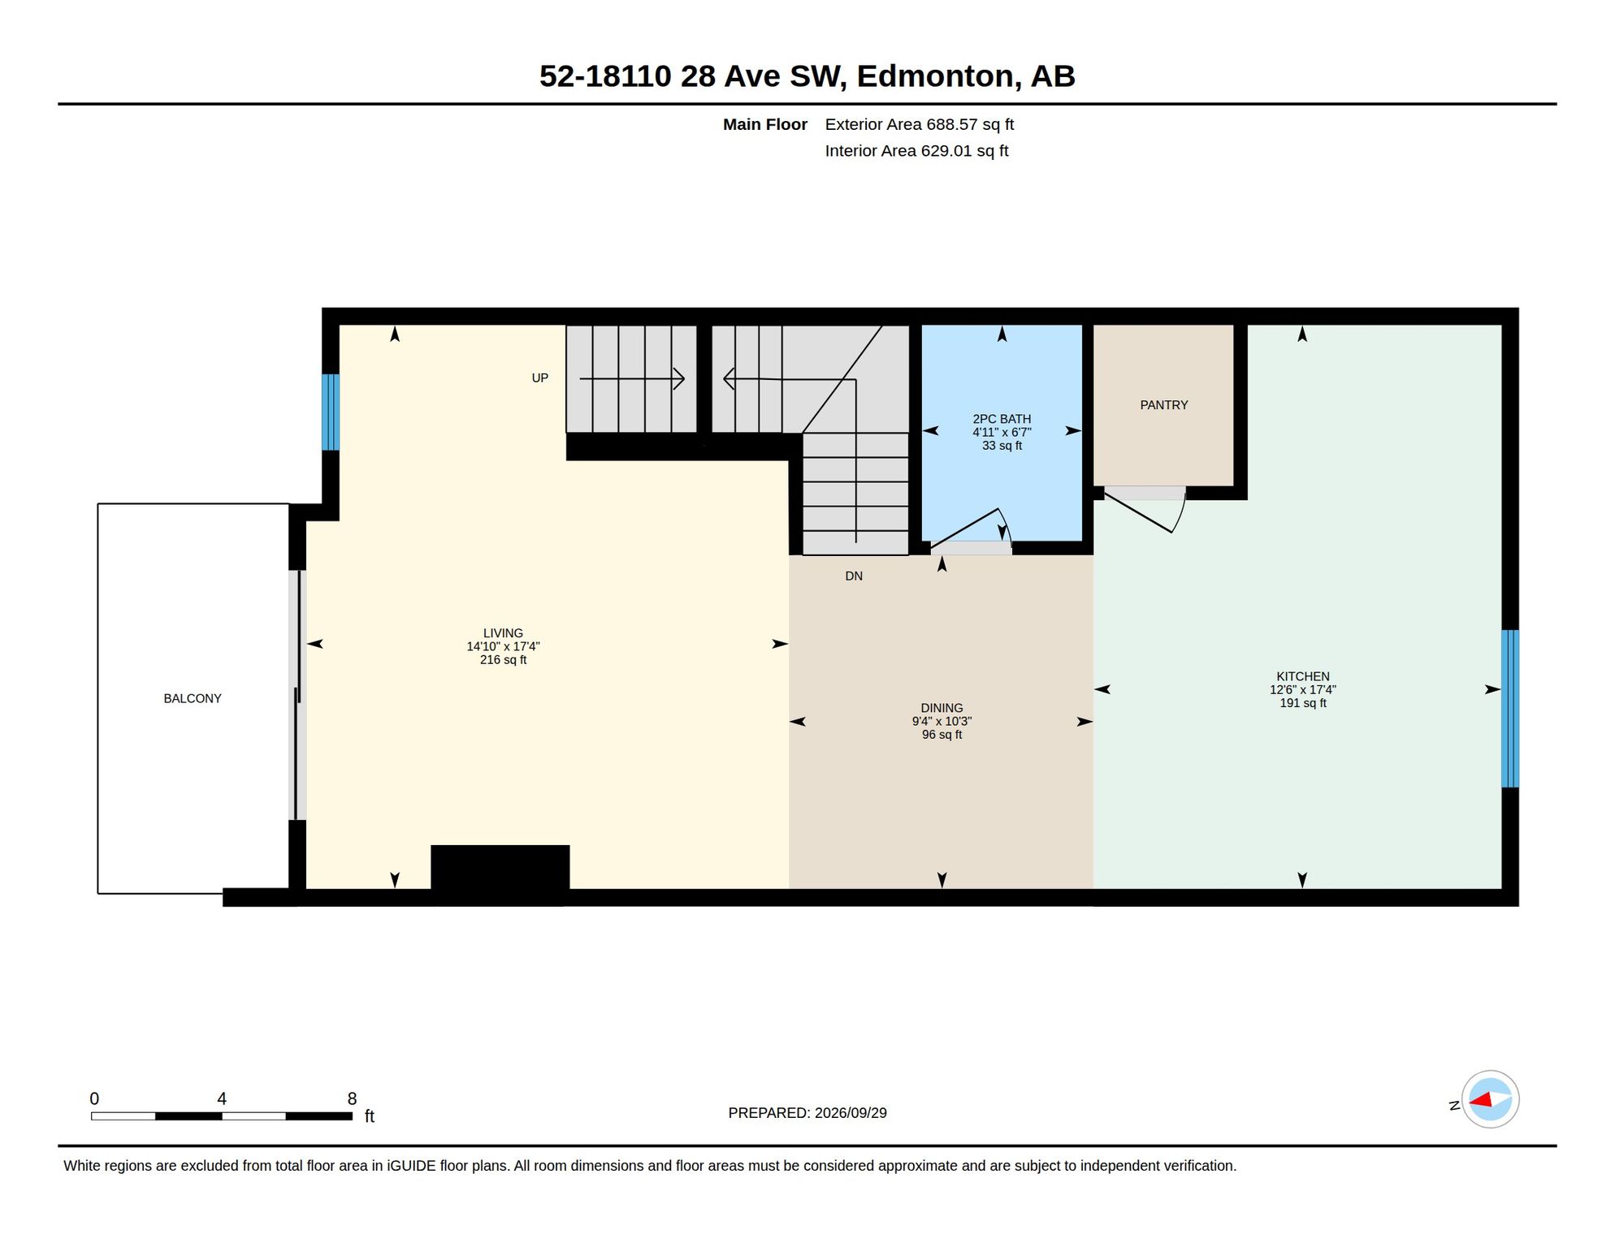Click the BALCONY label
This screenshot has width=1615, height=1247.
coord(193,698)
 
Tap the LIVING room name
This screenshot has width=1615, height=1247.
coord(503,633)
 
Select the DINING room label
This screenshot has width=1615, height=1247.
coord(942,708)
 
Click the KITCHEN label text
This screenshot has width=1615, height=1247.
coord(1303,676)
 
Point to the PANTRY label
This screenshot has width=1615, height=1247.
coord(1164,405)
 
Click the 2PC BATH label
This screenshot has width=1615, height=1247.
coord(1002,419)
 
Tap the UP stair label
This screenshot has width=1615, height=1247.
coord(540,378)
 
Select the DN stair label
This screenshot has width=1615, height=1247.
coord(854,576)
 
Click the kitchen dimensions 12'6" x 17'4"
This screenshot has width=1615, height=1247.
coord(1303,690)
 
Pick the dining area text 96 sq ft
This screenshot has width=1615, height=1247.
coord(942,735)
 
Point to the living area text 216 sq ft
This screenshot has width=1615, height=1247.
coord(503,660)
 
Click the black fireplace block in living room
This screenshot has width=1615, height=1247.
coord(500,874)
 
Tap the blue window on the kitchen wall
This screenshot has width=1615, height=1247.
coord(1509,709)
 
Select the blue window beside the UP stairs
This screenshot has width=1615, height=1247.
coord(331,412)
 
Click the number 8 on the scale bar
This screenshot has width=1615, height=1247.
coord(352,1098)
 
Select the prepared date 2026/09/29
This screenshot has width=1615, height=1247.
coord(851,1113)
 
